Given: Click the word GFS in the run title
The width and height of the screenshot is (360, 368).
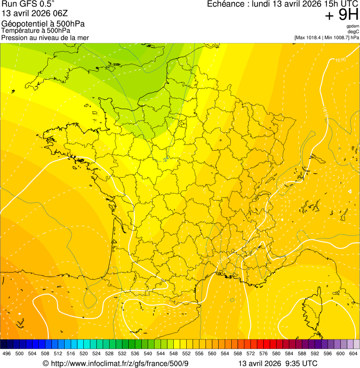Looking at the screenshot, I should [25, 4].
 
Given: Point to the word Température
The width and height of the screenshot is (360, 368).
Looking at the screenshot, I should [20, 31].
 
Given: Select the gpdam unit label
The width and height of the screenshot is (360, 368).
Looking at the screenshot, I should [353, 26].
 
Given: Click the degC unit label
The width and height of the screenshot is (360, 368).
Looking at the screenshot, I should [353, 32].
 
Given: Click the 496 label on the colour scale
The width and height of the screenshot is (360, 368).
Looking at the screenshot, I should [7, 353].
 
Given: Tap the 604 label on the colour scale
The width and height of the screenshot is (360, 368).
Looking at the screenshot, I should [353, 353].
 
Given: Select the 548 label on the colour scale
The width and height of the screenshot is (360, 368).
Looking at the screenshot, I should [173, 353].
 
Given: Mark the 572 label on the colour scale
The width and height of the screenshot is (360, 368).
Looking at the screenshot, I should [250, 353].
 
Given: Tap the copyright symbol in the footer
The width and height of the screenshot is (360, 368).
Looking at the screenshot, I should [45, 363].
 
